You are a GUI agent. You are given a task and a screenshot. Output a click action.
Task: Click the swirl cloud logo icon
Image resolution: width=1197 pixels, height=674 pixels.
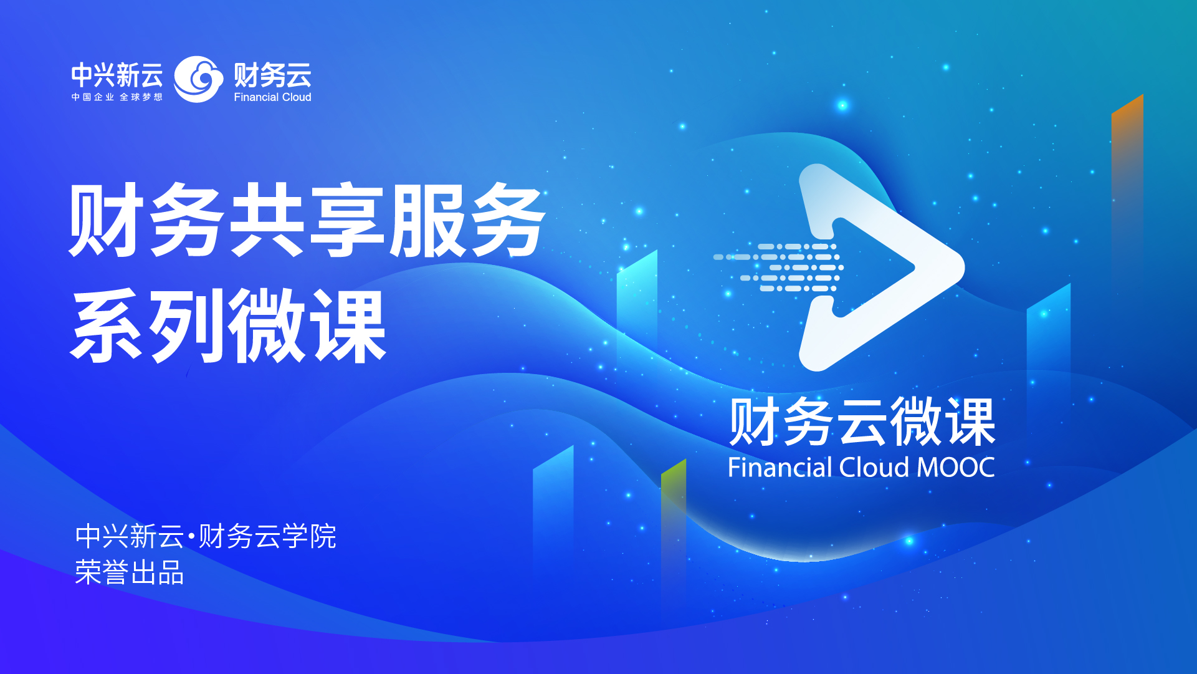198,79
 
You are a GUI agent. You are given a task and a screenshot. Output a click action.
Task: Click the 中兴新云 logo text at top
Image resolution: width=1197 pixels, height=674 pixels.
117,75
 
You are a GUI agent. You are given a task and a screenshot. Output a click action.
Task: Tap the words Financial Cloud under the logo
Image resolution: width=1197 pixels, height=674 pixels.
272,97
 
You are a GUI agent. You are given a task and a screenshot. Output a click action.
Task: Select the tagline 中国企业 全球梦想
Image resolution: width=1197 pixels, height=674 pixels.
117,97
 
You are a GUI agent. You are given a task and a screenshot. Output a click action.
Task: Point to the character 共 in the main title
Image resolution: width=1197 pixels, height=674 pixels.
267,219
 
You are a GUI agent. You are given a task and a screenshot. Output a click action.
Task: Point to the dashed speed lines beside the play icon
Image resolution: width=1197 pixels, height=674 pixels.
778,267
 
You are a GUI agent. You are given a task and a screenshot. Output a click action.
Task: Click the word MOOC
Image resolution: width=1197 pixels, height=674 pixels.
956,468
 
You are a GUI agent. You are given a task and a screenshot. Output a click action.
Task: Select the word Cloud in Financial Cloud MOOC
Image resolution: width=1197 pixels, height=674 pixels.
874,468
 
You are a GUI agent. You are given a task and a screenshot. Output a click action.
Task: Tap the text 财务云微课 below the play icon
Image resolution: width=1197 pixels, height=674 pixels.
862,422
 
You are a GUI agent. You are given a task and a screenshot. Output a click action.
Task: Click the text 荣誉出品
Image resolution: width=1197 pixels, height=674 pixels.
129,572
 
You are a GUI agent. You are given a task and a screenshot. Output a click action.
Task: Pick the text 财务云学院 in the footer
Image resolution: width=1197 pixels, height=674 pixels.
267,536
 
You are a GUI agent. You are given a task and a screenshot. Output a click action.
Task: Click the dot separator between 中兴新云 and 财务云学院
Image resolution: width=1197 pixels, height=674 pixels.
191,536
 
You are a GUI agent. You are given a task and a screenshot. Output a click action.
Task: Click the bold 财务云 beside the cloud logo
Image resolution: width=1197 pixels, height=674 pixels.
272,75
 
